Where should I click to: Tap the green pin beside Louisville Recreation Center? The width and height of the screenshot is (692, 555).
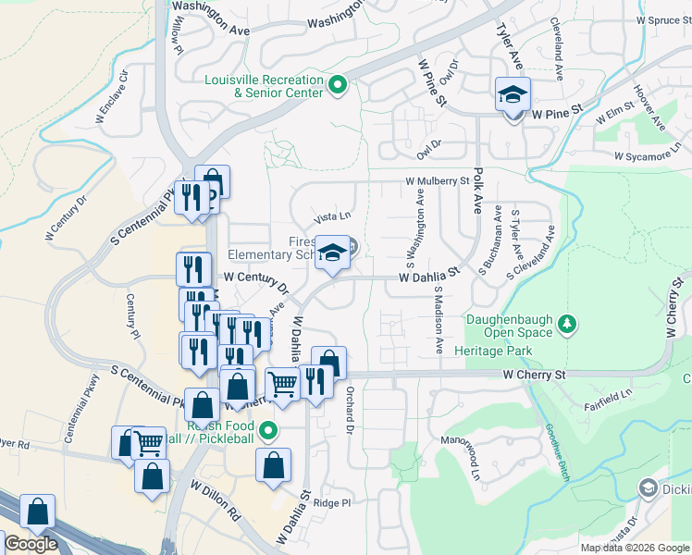click(338, 87)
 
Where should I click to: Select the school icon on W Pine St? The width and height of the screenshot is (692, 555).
click(513, 96)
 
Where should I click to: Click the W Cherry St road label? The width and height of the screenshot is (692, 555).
click(534, 375)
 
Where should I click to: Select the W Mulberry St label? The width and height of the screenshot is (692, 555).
click(437, 182)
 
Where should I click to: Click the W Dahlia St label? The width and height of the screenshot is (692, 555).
click(429, 276)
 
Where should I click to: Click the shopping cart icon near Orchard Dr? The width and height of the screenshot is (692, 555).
click(283, 384)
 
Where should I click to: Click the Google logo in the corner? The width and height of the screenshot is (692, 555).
click(31, 545)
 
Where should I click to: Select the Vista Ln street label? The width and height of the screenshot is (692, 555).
click(333, 217)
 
